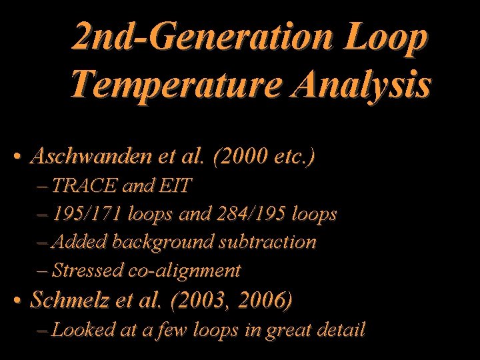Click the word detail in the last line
click(x=339, y=329)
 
